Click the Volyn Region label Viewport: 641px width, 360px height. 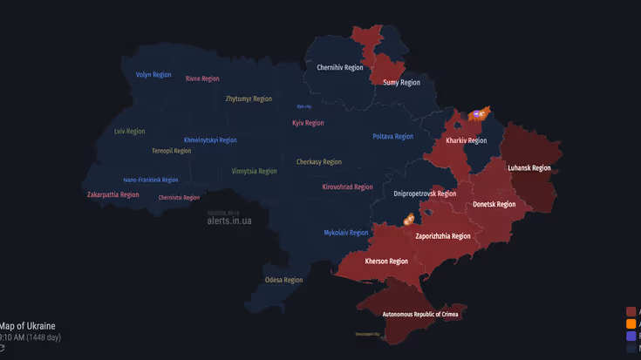click(153, 75)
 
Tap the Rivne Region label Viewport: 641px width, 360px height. click(202, 78)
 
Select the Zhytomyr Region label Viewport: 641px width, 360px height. click(249, 98)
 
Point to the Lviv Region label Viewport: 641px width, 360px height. click(129, 132)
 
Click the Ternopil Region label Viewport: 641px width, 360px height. click(171, 151)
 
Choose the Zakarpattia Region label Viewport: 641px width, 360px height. click(113, 194)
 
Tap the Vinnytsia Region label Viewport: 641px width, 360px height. click(255, 172)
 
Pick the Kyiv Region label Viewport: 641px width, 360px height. click(308, 123)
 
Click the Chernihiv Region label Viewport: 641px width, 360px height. click(340, 67)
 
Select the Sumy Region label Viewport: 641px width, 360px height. click(401, 83)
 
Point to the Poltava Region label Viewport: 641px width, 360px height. click(392, 136)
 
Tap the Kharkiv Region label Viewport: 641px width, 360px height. click(467, 140)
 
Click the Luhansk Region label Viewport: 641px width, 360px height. click(529, 168)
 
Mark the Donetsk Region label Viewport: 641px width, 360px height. click(494, 204)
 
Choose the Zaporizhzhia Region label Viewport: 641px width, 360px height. click(443, 235)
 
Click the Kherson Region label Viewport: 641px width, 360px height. click(386, 261)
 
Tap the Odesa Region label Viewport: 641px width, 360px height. click(284, 280)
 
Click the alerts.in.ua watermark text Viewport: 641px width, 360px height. click(229, 221)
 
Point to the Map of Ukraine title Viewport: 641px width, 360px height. click(29, 325)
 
